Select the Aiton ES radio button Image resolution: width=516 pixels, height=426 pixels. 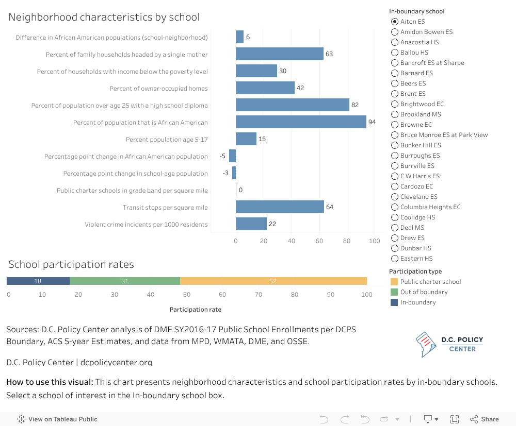pos(395,22)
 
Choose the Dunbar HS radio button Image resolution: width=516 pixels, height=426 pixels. pos(395,248)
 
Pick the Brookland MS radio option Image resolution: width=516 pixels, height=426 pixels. pos(395,114)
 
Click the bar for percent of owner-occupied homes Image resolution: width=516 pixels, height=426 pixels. pos(265,88)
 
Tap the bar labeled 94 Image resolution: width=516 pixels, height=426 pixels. pos(301,122)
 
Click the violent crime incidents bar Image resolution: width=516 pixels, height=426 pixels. pos(251,224)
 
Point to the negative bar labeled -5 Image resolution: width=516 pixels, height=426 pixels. pos(232,156)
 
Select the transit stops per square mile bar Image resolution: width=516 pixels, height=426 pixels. pos(280,207)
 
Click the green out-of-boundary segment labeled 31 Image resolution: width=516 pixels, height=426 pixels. pos(125,281)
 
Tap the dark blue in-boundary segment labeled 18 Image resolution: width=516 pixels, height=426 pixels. pos(38,281)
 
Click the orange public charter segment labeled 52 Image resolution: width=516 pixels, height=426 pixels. pos(273,281)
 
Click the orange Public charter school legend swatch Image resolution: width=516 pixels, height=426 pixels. pos(394,282)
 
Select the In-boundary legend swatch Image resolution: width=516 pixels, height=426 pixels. pos(394,302)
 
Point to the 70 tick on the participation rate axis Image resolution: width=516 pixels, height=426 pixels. pos(259,295)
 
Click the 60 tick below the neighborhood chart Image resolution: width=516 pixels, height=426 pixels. pos(319,241)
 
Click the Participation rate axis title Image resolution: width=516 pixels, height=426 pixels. pos(196,310)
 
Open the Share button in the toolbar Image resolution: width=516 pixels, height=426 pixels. pos(485,419)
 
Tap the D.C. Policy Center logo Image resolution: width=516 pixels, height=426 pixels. pos(449,344)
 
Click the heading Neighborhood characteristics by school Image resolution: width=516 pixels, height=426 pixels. pos(104,17)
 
